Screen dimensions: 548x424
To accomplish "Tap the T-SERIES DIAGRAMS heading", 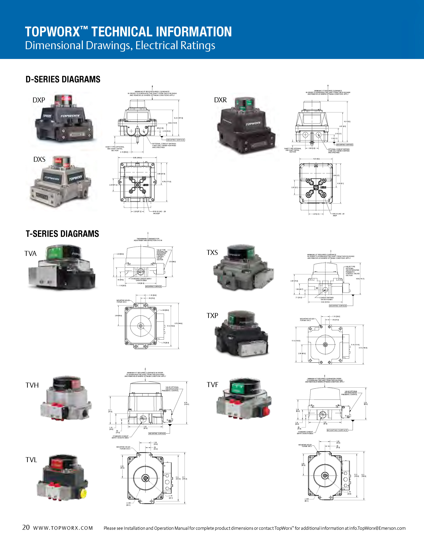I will tap(62, 234).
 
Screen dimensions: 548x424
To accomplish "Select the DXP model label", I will tap(39, 100).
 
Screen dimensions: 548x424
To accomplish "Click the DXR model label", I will tap(220, 100).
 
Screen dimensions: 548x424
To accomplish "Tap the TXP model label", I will tap(212, 316).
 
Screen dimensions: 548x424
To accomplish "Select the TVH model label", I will tap(32, 385).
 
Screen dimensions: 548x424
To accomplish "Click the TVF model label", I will tap(212, 385).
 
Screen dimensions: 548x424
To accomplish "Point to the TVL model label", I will tap(31, 460).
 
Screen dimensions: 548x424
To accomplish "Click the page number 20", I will tap(26, 527).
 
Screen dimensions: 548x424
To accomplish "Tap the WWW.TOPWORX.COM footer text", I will tap(63, 528).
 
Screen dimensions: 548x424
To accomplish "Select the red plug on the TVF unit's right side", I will tap(266, 411).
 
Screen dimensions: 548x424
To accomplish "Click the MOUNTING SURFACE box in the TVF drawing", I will tap(337, 430).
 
